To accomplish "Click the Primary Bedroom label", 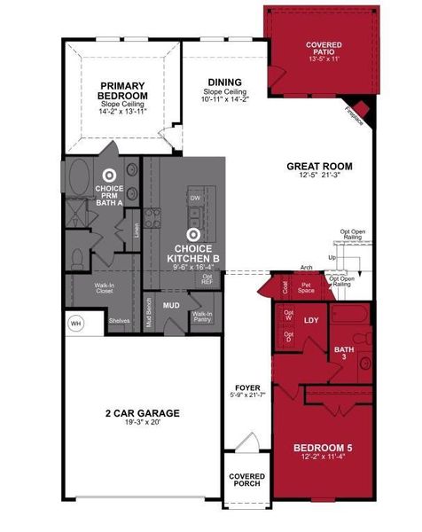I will click(x=121, y=91).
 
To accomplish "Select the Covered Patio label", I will click(x=323, y=45).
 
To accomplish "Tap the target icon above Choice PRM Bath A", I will click(x=110, y=177).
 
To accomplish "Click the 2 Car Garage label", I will click(x=142, y=413).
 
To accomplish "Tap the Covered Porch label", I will click(x=246, y=480).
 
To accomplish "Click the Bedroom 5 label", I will click(x=323, y=448).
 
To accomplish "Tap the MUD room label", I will click(x=172, y=305).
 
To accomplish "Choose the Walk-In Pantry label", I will click(x=202, y=316).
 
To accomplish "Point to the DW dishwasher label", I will click(x=195, y=199).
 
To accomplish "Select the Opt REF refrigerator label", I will click(x=207, y=279).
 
